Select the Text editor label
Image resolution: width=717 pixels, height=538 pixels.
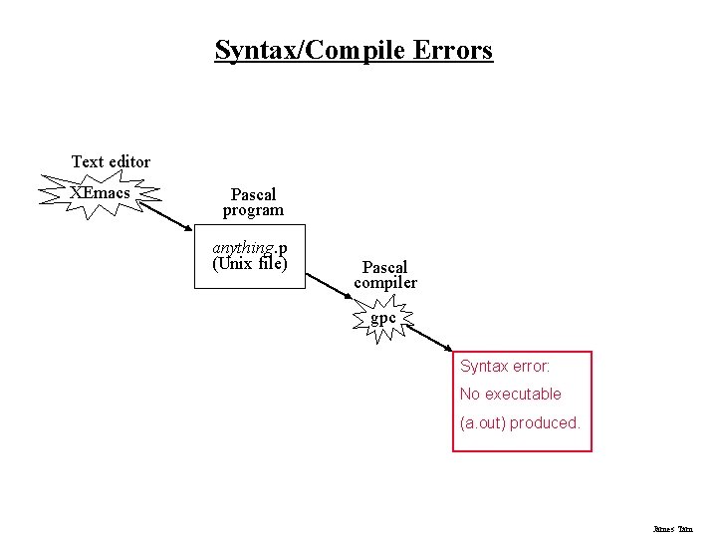click(111, 161)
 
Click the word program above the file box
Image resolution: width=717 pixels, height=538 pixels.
click(253, 211)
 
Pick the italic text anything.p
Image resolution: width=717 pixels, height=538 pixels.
click(250, 247)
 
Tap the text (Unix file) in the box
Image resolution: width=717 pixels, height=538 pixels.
click(250, 264)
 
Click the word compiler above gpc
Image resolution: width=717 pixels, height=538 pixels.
click(385, 284)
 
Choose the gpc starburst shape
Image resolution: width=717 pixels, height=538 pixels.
click(383, 319)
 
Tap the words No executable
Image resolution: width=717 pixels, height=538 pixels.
click(511, 394)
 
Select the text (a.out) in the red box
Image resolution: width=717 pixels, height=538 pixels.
click(483, 422)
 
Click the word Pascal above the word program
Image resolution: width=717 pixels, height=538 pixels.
click(253, 194)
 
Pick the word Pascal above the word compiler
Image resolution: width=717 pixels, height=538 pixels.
click(384, 267)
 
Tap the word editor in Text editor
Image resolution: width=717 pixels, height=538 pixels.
click(129, 161)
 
